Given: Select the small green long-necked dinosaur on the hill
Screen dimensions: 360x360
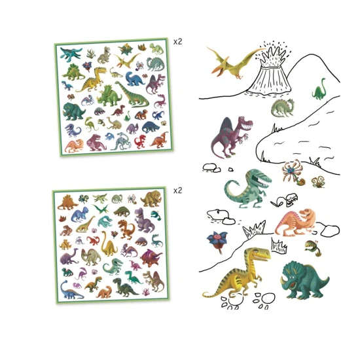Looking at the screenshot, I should coord(319,89).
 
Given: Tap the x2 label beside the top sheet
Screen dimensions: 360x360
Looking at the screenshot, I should coord(178,41).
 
